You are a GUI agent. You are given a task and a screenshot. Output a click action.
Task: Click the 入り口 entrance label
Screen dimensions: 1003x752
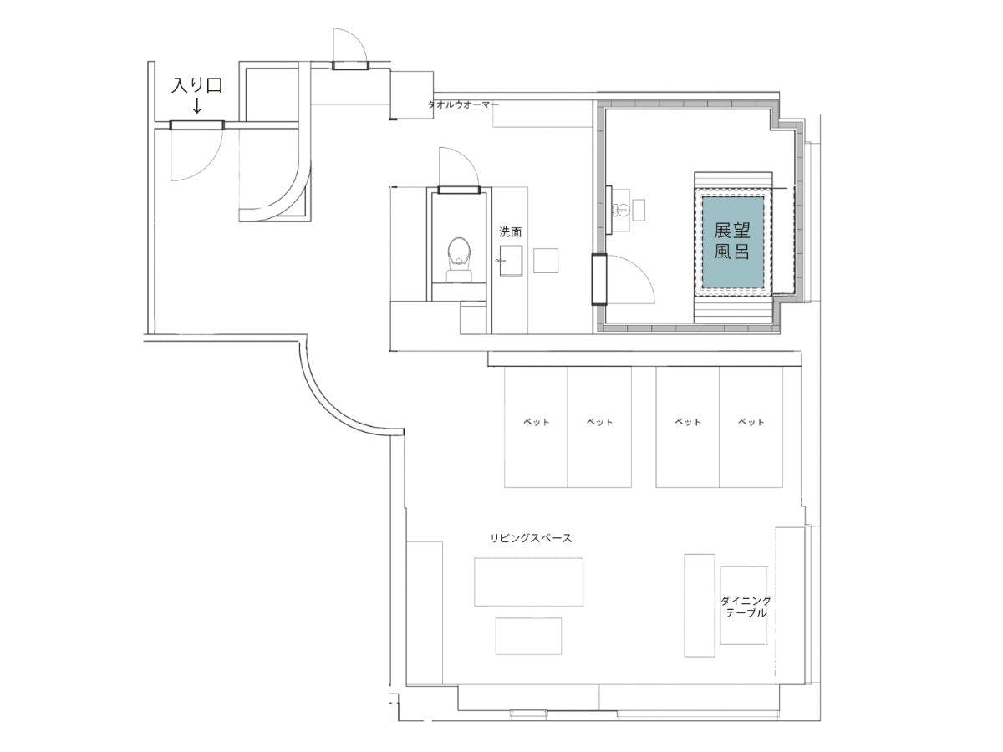point(197,85)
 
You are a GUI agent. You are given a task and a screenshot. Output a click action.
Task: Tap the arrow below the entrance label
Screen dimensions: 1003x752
point(197,106)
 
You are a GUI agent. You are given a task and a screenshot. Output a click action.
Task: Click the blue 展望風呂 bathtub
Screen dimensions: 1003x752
point(732,241)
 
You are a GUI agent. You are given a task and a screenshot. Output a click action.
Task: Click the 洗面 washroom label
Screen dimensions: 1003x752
point(510,232)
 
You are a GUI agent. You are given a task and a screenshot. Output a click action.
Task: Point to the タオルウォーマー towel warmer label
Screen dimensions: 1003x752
point(463,104)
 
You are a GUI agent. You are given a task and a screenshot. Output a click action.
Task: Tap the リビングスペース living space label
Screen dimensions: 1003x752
point(531,538)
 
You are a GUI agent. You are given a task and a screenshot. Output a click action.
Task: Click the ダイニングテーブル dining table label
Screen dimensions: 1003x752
point(746,607)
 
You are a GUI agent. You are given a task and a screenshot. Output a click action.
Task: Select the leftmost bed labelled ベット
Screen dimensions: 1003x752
point(536,426)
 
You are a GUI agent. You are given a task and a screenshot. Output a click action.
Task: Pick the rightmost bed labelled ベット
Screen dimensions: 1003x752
point(751,426)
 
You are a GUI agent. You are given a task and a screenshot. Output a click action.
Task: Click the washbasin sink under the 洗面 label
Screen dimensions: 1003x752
point(511,260)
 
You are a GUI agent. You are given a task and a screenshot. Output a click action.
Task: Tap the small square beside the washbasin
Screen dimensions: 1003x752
point(546,260)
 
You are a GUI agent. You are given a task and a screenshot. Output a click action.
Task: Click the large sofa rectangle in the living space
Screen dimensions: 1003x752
point(528,582)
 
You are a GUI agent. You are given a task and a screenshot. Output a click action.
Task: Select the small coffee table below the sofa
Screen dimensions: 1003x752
point(528,636)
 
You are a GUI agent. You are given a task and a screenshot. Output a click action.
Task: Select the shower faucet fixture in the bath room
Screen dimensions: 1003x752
point(620,210)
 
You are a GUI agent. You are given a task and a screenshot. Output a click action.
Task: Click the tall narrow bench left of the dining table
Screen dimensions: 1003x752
point(699,606)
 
